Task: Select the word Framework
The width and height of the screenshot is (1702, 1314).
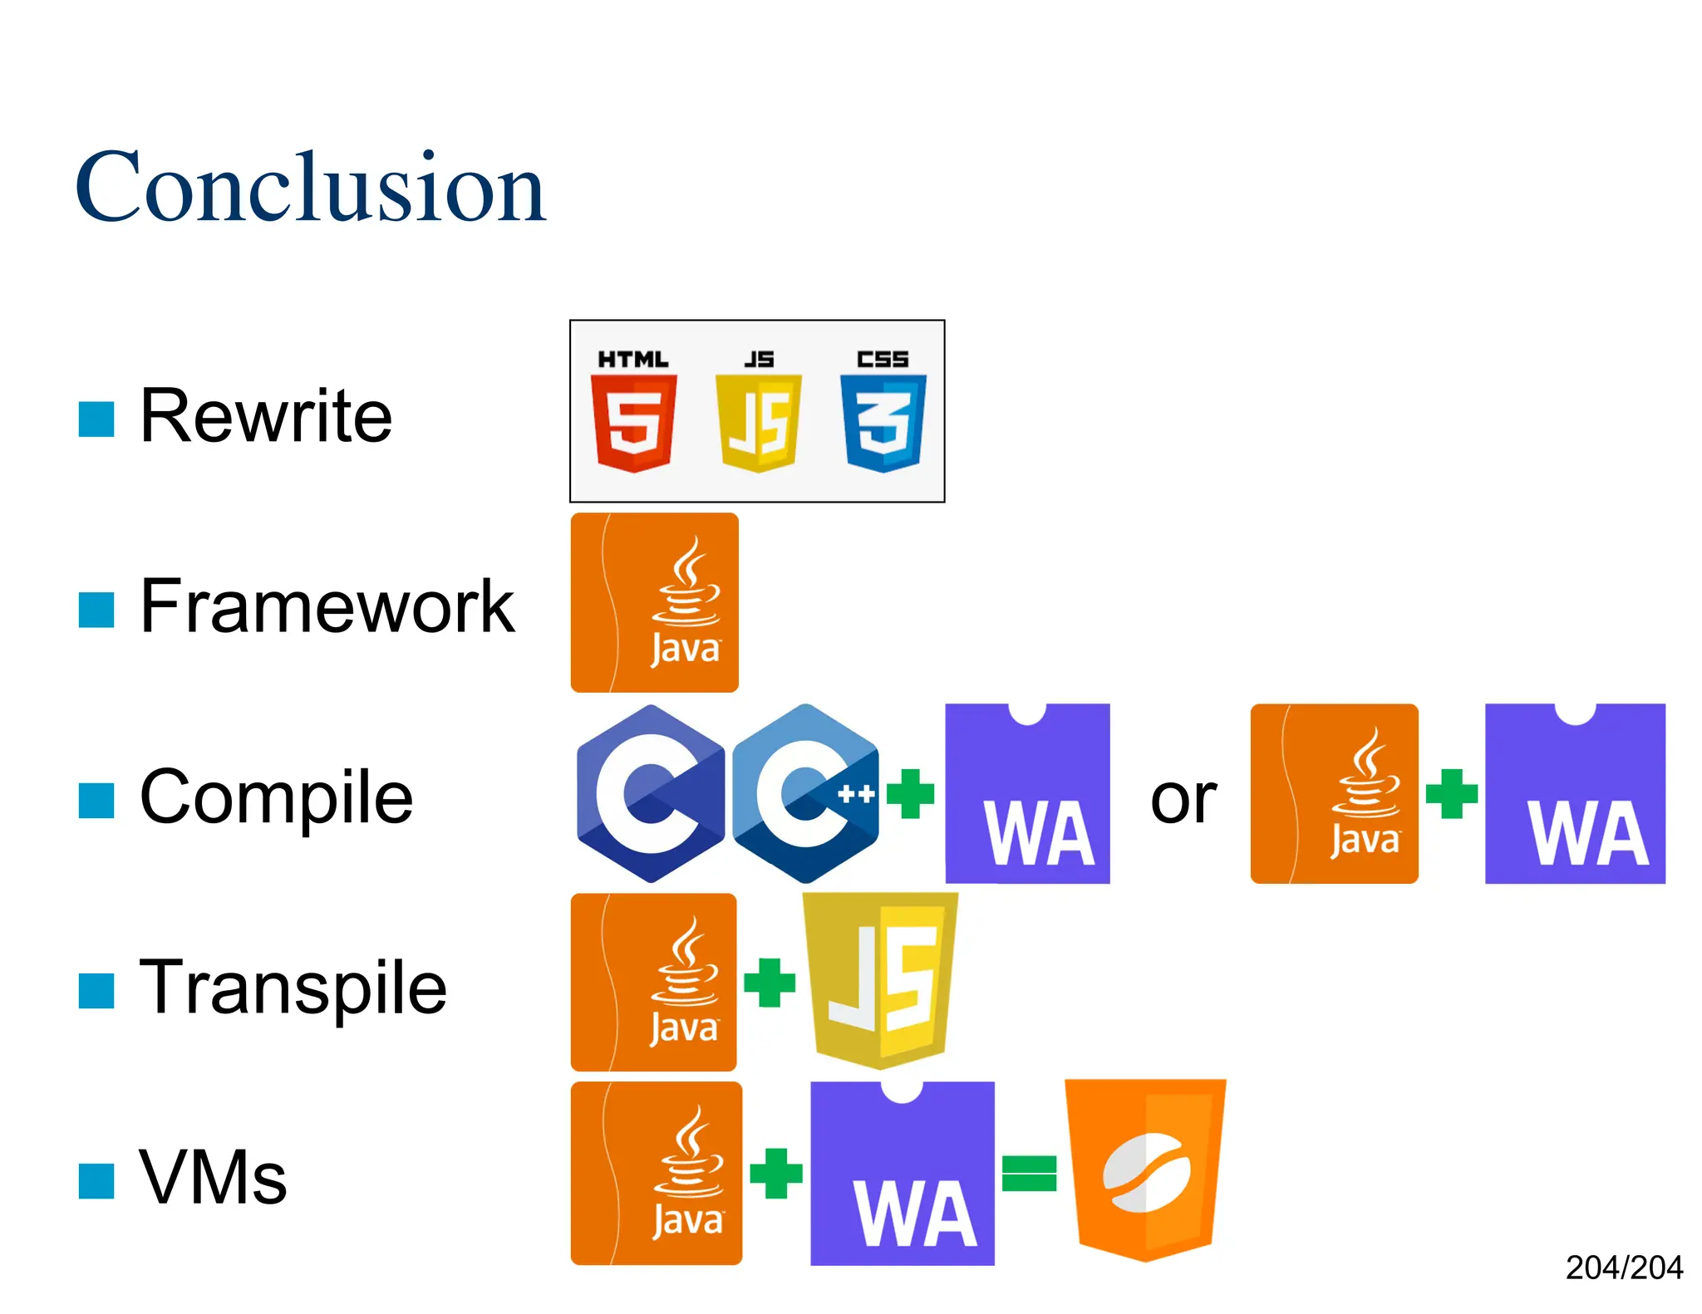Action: pos(327,606)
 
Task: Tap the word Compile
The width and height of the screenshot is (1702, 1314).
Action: pos(276,797)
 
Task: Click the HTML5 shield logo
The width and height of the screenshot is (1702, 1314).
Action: pos(633,422)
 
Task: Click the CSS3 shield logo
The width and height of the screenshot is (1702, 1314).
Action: pos(883,422)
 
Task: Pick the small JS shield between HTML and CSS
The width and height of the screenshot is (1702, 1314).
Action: pos(758,422)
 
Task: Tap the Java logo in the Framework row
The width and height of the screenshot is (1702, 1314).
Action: pos(655,602)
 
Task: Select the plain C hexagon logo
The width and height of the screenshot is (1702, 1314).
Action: pos(651,793)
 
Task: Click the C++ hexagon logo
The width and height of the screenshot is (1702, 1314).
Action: pos(805,793)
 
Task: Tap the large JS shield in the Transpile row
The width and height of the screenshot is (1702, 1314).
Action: pos(881,980)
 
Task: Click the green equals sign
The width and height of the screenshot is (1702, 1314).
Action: pos(1029,1173)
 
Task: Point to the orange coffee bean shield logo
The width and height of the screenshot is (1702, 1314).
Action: pos(1145,1169)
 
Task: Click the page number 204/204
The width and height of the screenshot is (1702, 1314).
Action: pos(1624,1267)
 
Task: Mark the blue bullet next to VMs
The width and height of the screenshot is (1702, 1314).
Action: pos(96,1181)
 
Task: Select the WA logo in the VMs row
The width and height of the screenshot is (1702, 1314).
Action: pos(903,1173)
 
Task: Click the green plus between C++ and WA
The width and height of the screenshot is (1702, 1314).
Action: pos(911,793)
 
